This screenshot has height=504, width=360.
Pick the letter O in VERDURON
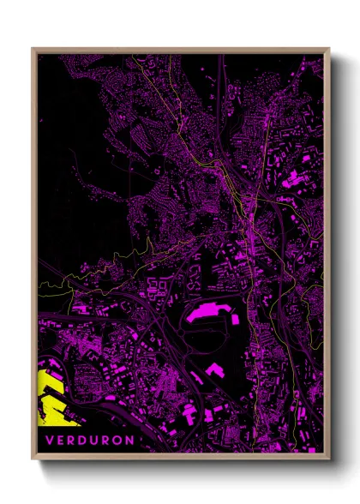pos(117,440)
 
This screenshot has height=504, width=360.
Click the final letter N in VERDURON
pos(130,440)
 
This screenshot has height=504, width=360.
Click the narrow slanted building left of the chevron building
pos(195,376)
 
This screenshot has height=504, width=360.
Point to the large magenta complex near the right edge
pos(296,179)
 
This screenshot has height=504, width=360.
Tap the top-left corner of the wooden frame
pos(33,49)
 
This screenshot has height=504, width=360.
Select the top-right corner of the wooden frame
pos(328,49)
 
